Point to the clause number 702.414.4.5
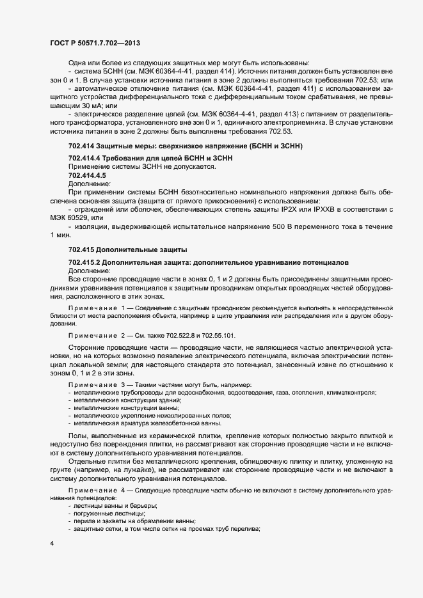point(87,175)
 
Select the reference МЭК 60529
point(72,218)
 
